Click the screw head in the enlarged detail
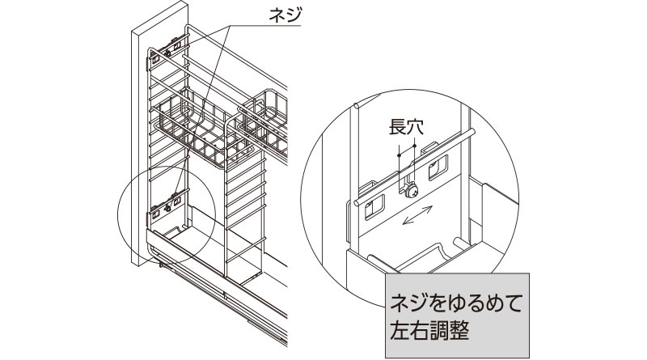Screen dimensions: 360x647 click(412, 191)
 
